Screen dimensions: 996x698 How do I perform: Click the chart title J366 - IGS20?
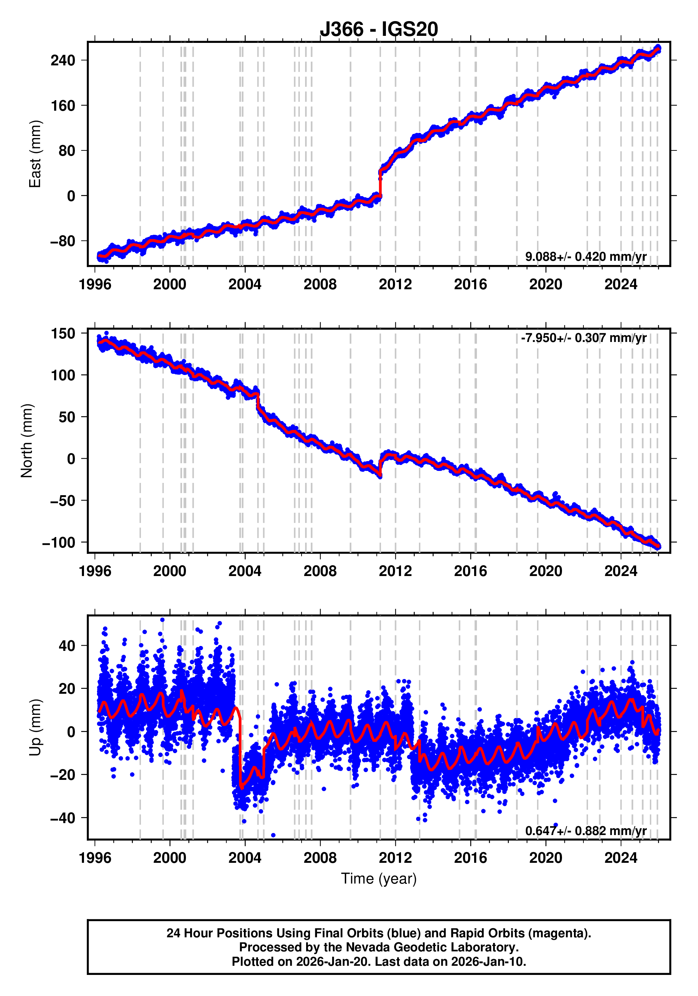379,29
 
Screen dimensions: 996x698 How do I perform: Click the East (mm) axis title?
35,154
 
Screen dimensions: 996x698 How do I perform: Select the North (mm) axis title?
27,440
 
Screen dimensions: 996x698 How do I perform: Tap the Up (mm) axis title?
35,727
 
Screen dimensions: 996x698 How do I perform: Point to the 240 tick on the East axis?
63,60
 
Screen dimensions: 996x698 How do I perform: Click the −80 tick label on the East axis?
63,241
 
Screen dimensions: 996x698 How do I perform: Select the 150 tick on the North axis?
63,334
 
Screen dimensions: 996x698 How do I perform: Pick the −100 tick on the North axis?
59,543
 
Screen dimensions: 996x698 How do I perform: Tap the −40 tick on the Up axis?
63,818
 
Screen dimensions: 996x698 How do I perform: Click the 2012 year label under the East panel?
395,285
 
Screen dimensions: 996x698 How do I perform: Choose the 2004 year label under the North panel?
245,571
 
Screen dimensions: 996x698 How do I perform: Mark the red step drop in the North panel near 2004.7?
258,401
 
